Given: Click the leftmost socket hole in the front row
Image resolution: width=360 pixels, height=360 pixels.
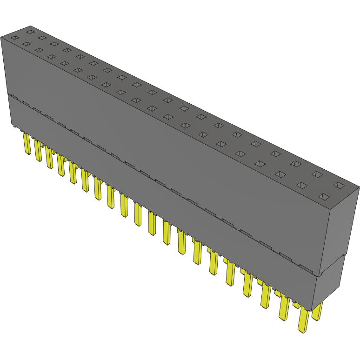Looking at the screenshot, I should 14,38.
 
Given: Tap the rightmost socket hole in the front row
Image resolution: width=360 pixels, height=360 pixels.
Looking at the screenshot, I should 323,196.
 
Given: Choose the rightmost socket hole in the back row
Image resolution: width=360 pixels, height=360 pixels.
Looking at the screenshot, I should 340,186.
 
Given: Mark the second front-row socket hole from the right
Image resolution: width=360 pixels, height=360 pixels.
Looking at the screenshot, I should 301,185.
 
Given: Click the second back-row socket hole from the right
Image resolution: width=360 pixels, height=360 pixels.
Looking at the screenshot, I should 317,174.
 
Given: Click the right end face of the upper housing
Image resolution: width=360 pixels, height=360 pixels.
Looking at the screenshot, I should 343,228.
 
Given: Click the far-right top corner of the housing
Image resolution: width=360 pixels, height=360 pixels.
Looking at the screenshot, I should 359,187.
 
